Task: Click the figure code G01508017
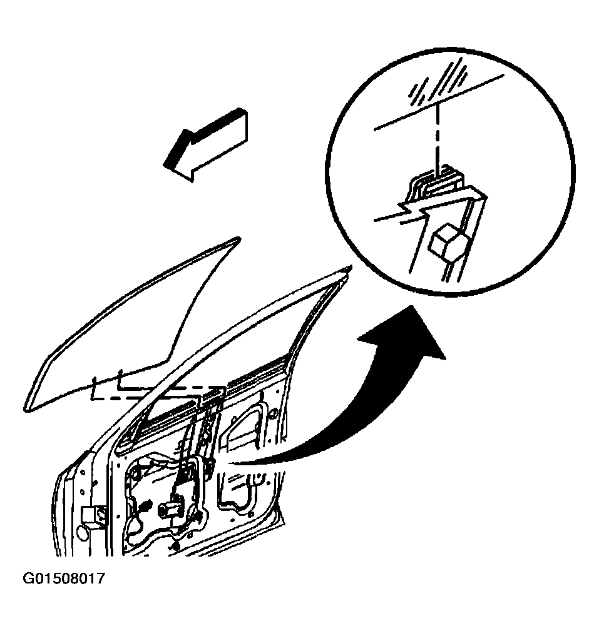point(64,578)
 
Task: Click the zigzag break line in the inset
point(414,212)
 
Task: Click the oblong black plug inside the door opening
point(145,505)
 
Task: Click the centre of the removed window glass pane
point(133,326)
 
